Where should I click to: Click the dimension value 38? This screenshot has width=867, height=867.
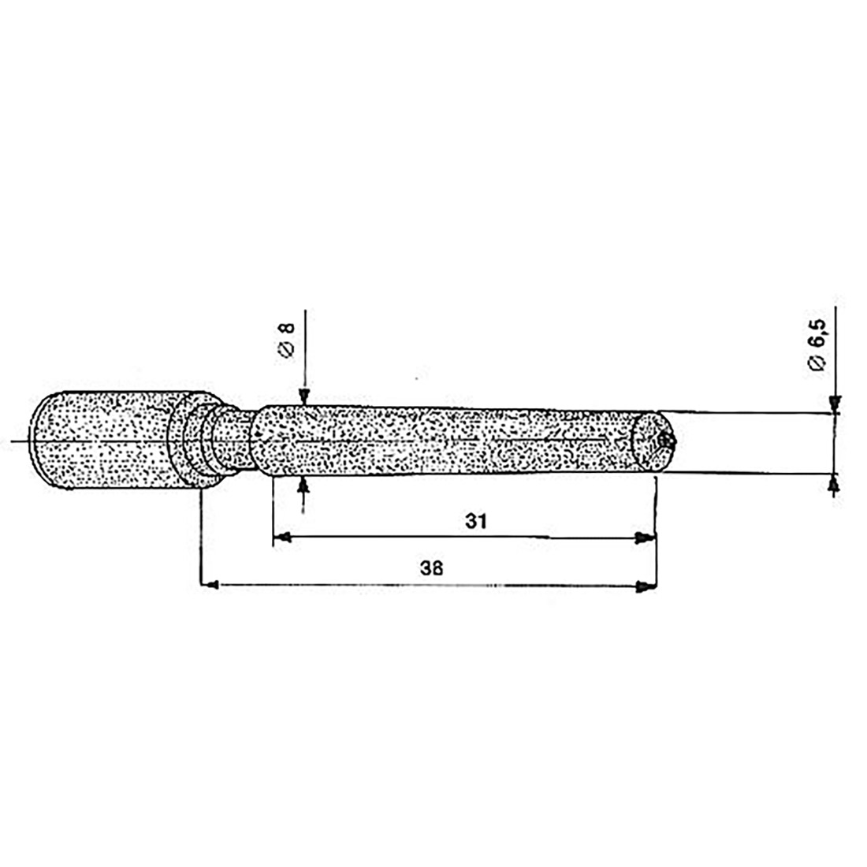[430, 567]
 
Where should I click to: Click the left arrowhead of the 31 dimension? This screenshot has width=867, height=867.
[281, 538]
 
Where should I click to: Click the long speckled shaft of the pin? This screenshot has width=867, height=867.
[457, 441]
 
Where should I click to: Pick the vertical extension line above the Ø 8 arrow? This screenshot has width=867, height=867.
[305, 347]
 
